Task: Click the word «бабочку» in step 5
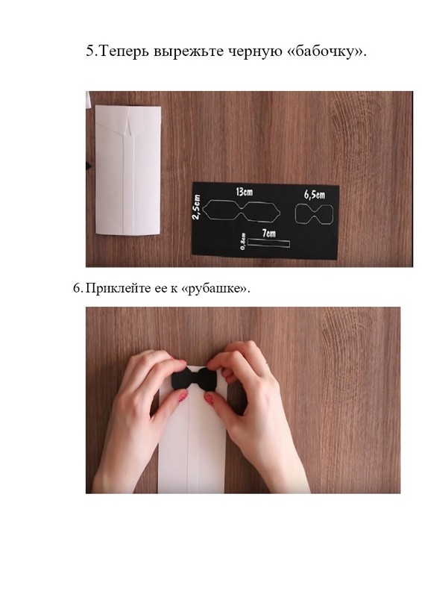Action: [x=326, y=51]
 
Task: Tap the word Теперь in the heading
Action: [x=123, y=51]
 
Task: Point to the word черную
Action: [x=255, y=51]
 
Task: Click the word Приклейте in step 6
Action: [x=118, y=289]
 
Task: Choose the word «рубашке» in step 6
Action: [x=215, y=289]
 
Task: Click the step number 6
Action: [x=78, y=288]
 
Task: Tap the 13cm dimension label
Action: [x=244, y=192]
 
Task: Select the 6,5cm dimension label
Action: [x=315, y=195]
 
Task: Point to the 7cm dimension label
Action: [x=268, y=233]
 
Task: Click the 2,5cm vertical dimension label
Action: [x=196, y=207]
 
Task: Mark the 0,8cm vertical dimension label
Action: [x=243, y=242]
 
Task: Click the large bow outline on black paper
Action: [x=242, y=210]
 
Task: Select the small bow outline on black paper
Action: [x=314, y=214]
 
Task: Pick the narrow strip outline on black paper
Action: [x=268, y=243]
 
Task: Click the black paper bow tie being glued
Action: [x=194, y=378]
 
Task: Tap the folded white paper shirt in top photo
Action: [x=127, y=170]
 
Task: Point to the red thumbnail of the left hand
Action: [x=183, y=397]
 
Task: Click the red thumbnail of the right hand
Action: [x=209, y=399]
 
